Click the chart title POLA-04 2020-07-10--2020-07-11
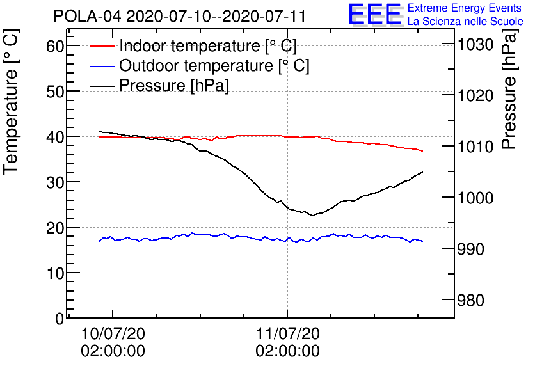coord(179,15)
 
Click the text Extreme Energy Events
coord(464,8)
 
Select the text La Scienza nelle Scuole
coord(465,22)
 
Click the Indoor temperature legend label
coord(207,46)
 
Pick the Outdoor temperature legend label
coord(214,66)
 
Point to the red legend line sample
coord(102,46)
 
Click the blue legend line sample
coord(102,66)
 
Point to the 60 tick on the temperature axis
coord(56,46)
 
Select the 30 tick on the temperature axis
coord(56,182)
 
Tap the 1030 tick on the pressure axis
coord(474,44)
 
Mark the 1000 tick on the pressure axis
coord(474,198)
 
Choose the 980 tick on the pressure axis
coord(470,300)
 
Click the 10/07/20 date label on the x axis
coord(113,334)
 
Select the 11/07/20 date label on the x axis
coord(287,334)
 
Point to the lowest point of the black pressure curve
coord(313,216)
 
